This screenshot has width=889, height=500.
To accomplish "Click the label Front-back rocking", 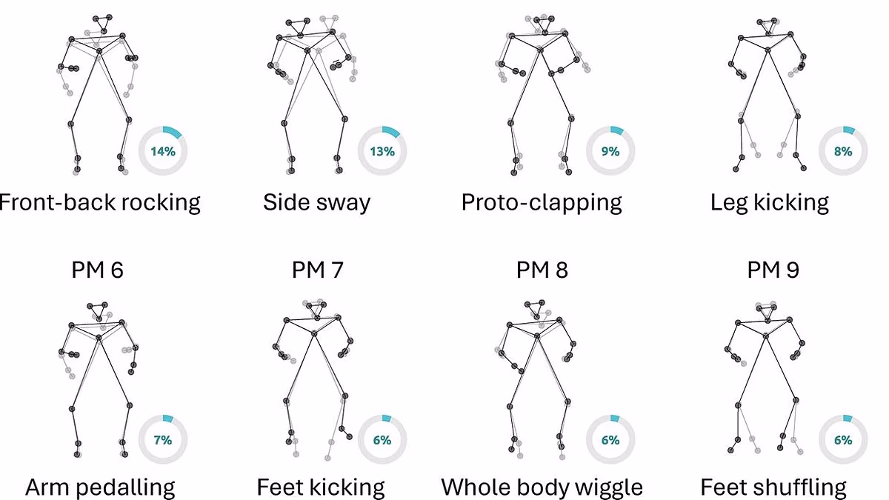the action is (99, 203).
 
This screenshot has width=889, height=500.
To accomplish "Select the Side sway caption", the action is (317, 203).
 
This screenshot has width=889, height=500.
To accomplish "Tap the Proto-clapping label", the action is (542, 203).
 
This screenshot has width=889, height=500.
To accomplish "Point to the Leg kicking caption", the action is (770, 203).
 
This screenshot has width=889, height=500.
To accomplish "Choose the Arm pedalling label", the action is (100, 487).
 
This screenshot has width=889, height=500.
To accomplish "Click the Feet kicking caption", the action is (321, 487).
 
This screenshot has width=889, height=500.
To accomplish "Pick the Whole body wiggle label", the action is (542, 487).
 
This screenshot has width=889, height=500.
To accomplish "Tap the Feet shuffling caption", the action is (773, 487).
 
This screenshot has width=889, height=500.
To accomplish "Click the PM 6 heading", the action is (98, 270).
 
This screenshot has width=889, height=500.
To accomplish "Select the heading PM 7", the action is (318, 270).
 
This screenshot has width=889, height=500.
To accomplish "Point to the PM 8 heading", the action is (542, 270).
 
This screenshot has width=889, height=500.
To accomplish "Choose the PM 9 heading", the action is (773, 270).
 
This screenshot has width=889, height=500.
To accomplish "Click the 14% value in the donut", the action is (163, 151).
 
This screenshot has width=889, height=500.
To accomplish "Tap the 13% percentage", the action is (382, 151).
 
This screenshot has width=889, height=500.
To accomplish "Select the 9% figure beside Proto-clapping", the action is (610, 151).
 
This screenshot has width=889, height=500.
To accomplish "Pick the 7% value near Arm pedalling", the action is (163, 440).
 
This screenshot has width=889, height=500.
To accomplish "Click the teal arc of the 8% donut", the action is (849, 130).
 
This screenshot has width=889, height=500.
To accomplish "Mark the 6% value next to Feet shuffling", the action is (843, 440).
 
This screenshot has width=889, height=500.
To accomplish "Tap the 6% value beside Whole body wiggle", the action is (610, 440).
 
